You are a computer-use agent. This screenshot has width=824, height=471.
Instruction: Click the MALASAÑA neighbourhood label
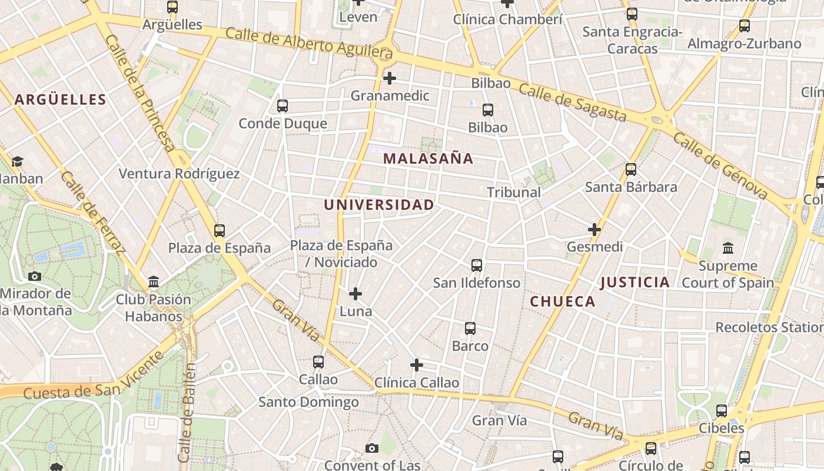pyautogui.click(x=428, y=158)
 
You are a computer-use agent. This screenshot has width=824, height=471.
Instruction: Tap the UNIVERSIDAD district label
pyautogui.click(x=379, y=205)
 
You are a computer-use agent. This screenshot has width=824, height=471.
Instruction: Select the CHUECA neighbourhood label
pyautogui.click(x=563, y=302)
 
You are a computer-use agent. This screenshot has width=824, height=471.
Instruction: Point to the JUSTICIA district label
pyautogui.click(x=634, y=283)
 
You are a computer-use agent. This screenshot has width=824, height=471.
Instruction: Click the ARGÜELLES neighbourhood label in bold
pyautogui.click(x=60, y=99)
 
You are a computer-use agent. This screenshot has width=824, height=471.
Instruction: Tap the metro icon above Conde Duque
pyautogui.click(x=283, y=106)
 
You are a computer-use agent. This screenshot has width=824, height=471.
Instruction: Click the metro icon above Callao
pyautogui.click(x=318, y=362)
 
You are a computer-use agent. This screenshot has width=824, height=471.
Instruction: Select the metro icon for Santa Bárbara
pyautogui.click(x=631, y=170)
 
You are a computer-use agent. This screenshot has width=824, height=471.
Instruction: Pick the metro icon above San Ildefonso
pyautogui.click(x=477, y=266)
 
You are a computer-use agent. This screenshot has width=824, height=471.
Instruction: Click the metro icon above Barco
pyautogui.click(x=470, y=329)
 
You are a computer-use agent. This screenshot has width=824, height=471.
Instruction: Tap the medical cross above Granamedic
pyautogui.click(x=389, y=78)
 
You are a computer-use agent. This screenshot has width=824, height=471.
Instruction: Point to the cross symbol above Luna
pyautogui.click(x=355, y=293)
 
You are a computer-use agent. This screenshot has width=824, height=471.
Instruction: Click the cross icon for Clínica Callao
pyautogui.click(x=417, y=365)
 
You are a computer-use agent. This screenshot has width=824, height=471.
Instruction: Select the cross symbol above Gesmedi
pyautogui.click(x=594, y=229)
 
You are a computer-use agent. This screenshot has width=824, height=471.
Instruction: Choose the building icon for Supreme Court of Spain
pyautogui.click(x=728, y=248)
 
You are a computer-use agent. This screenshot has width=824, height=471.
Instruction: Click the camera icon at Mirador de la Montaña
pyautogui.click(x=35, y=276)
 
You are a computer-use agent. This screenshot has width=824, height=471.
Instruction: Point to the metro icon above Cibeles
pyautogui.click(x=722, y=410)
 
